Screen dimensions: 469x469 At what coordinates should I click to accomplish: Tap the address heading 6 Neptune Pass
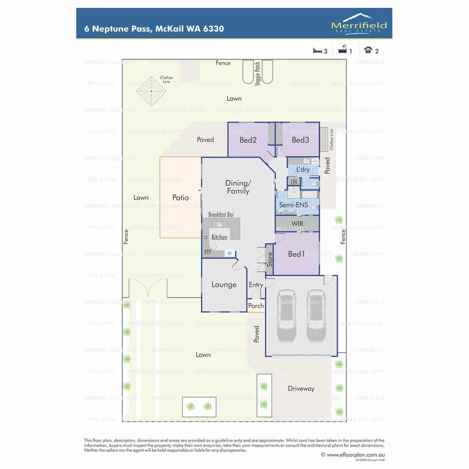(x=154, y=29)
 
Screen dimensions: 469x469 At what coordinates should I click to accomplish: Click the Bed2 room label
(x=248, y=140)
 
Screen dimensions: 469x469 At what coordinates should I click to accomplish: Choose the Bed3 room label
(x=300, y=140)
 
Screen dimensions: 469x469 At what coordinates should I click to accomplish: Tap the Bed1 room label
(x=296, y=254)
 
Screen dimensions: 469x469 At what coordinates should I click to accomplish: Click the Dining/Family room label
(x=238, y=187)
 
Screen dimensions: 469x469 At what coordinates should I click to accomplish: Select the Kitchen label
(x=219, y=237)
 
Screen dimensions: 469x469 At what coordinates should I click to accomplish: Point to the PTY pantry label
(x=208, y=252)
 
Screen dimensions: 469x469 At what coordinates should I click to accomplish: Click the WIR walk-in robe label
(x=297, y=223)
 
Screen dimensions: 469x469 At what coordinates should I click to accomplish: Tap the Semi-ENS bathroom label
(x=293, y=205)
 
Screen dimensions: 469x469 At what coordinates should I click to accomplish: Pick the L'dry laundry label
(x=303, y=169)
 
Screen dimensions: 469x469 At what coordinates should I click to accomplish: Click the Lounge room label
(x=224, y=285)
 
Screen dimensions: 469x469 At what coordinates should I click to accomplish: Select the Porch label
(x=256, y=306)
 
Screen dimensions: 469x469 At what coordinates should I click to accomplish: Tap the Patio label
(x=180, y=198)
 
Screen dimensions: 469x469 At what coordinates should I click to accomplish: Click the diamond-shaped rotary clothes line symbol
(x=151, y=91)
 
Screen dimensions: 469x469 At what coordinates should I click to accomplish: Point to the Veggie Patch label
(x=258, y=73)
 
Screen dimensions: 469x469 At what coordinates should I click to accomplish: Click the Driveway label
(x=301, y=389)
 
